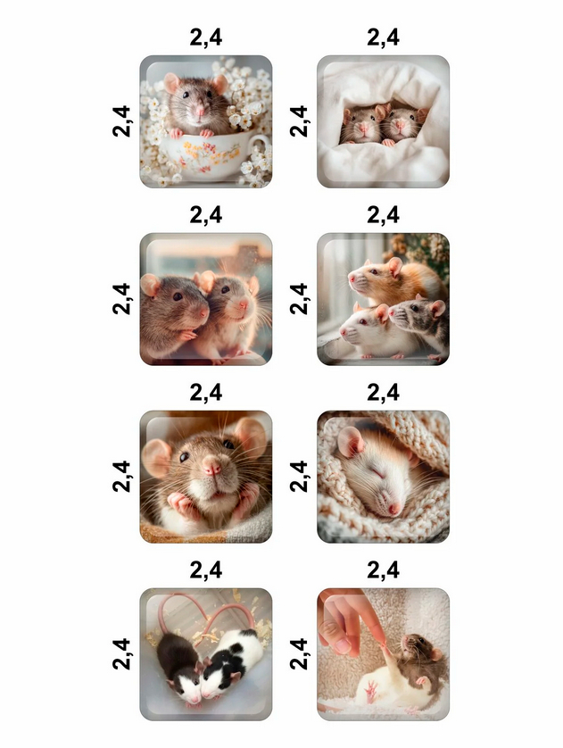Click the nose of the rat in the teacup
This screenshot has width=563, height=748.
point(200,112)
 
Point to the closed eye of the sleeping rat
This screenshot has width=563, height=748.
point(378,474)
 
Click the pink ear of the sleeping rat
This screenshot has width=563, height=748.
point(350,441)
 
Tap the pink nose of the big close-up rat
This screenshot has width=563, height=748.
point(211,465)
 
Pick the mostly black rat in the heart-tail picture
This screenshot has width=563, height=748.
point(179,663)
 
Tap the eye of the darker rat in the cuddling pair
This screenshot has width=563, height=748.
point(178,296)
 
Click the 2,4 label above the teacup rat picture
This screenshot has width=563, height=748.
point(206,37)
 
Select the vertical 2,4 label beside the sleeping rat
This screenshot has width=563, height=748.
point(298,476)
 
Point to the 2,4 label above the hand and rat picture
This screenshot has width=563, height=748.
point(384,569)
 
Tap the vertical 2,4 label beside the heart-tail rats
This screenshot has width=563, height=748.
point(121,653)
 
